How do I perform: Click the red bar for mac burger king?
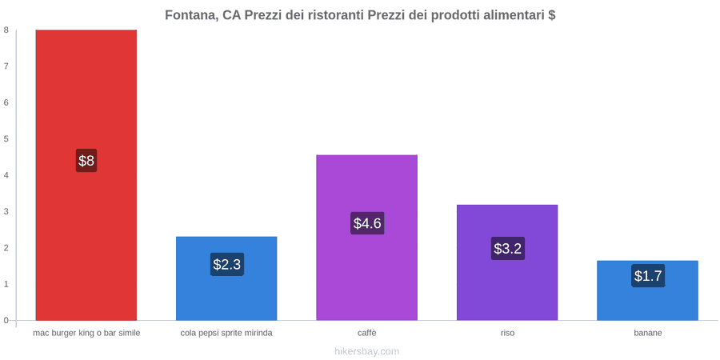tap(86, 175)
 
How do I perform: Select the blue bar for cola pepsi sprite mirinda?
tap(226, 278)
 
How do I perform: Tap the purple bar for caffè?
tap(367, 238)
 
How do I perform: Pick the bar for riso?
tap(507, 262)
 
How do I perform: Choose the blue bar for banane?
tap(647, 290)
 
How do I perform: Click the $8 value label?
tap(86, 161)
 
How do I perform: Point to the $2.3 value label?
tap(227, 265)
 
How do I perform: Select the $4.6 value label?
tap(367, 223)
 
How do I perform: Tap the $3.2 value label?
tap(507, 249)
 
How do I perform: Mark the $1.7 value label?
tap(648, 276)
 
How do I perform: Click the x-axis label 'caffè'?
tap(367, 334)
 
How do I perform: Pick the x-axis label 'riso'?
tap(507, 334)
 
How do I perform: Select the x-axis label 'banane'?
tap(648, 334)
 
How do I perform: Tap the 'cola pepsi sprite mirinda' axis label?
tap(226, 334)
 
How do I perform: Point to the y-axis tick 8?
tap(6, 30)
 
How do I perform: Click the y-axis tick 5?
tap(6, 138)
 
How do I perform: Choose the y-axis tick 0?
tap(6, 320)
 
